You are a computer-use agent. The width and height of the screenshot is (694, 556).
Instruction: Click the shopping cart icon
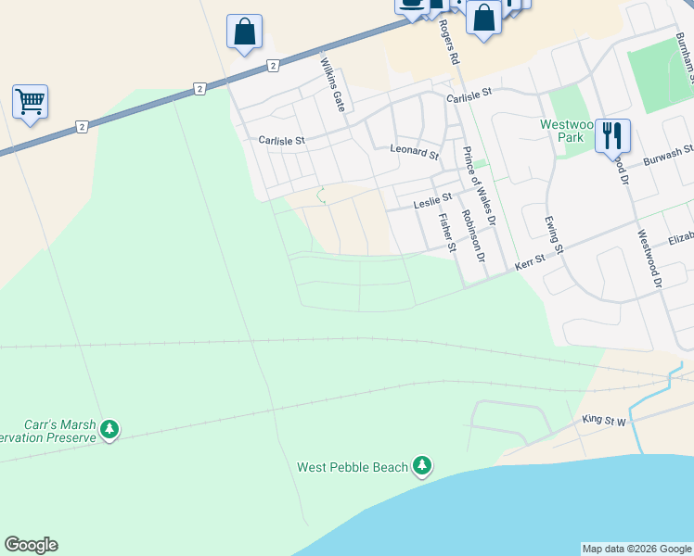tap(30, 101)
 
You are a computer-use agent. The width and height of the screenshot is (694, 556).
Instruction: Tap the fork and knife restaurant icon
tap(612, 135)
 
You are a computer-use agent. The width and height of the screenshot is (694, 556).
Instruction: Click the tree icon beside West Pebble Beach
tap(423, 465)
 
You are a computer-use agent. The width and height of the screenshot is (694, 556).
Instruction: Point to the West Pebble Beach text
tap(353, 467)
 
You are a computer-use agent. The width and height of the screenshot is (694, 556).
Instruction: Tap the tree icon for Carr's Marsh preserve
tap(110, 429)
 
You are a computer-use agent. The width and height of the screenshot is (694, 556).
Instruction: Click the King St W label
tap(605, 420)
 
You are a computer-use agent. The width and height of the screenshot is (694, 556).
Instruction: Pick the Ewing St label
tap(553, 233)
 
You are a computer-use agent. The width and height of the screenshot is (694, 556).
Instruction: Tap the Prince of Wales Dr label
tap(479, 186)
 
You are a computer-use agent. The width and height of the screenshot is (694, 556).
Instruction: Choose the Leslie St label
tap(432, 197)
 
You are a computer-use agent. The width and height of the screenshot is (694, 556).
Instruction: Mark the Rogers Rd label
tap(450, 42)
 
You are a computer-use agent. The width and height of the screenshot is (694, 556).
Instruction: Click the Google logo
tap(31, 545)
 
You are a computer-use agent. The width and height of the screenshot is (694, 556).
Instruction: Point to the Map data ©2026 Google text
tap(636, 549)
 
